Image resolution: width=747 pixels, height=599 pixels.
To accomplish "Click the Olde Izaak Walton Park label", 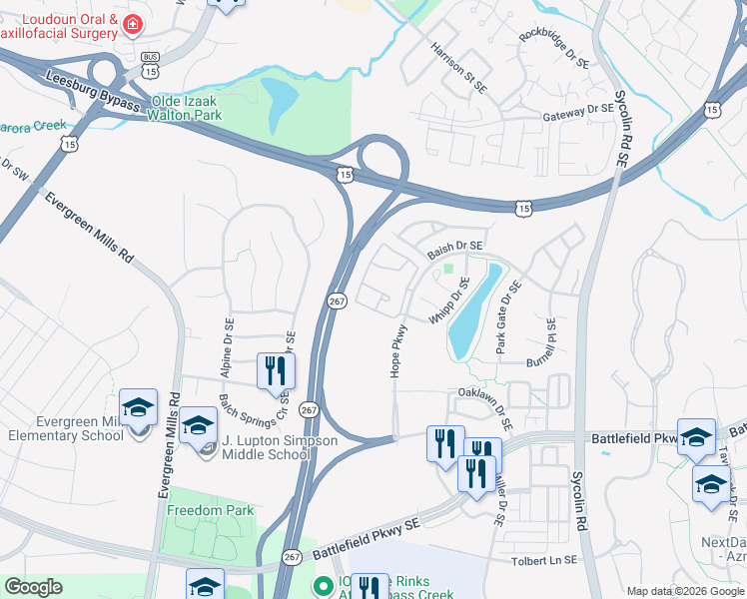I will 200,109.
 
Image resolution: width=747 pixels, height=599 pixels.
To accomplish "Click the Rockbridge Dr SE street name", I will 554,50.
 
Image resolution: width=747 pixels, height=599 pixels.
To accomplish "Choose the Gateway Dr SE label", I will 578,112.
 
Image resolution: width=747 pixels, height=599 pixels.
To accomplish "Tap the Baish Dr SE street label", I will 455,246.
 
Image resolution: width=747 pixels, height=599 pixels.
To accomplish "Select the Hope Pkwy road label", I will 397,350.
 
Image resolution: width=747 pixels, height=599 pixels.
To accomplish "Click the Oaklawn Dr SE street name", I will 486,407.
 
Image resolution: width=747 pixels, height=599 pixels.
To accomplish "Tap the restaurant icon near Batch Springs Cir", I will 272,369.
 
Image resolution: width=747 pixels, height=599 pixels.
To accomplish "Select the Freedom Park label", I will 210,510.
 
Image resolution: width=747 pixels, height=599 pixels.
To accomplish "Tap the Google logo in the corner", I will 33,587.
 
